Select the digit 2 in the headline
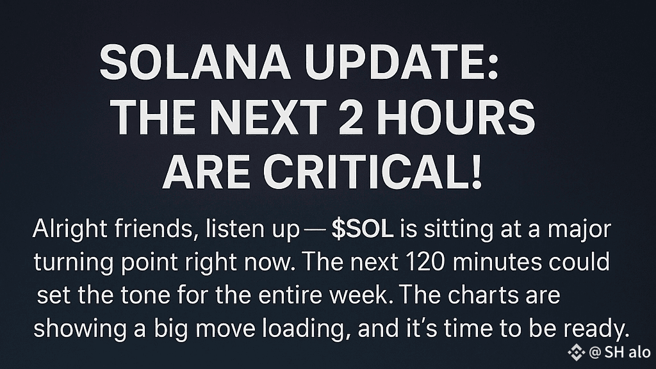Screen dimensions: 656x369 350,118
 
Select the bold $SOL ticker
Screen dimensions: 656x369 363,229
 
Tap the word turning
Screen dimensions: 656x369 74,263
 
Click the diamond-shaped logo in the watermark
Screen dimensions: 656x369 576,352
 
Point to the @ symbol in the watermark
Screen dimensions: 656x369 594,353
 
